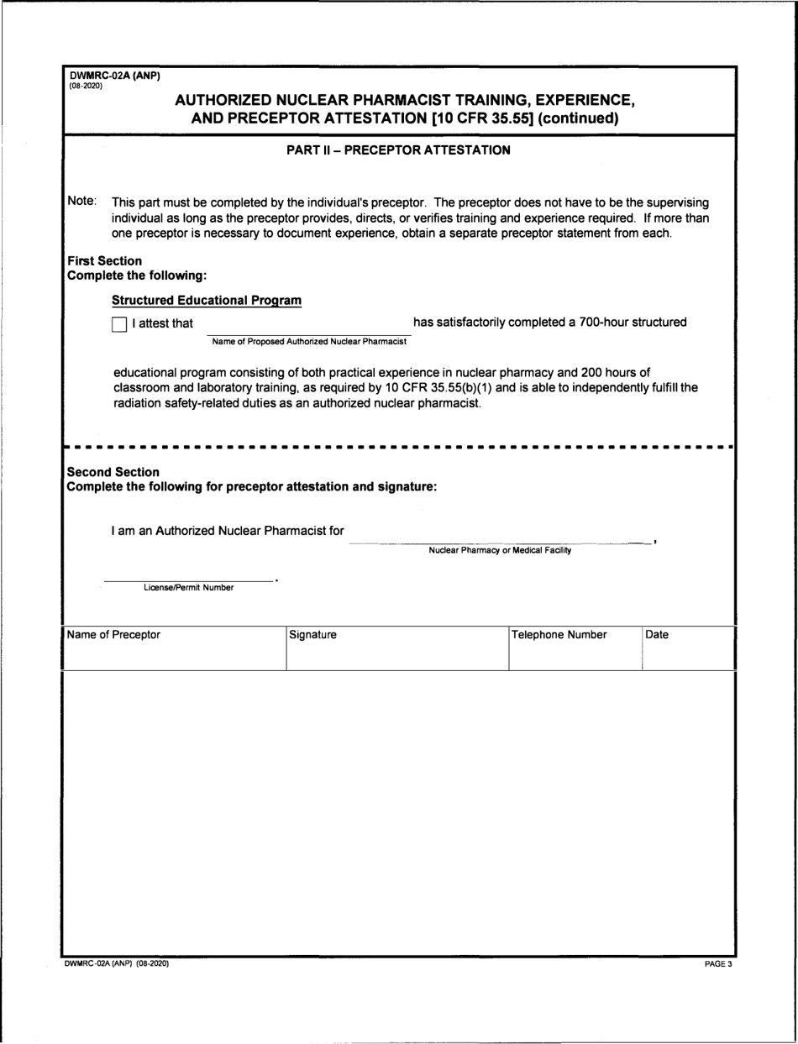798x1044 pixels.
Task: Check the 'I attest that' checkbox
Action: coord(119,324)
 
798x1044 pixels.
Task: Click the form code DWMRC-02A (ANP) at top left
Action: coord(114,76)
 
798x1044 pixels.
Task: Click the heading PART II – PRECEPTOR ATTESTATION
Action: coord(399,151)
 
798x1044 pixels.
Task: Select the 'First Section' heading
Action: coord(104,261)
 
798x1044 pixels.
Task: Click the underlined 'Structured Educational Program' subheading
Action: coord(207,301)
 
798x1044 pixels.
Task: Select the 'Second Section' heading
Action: coord(113,472)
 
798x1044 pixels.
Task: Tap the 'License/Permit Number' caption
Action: coord(189,588)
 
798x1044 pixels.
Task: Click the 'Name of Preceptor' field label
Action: coord(113,635)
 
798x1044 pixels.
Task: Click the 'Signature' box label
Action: coord(312,635)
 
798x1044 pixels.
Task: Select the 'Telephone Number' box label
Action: coord(559,635)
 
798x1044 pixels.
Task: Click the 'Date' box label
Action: coord(657,635)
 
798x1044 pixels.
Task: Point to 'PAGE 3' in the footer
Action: coord(718,964)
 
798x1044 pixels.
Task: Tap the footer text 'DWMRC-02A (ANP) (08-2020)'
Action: coord(117,964)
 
